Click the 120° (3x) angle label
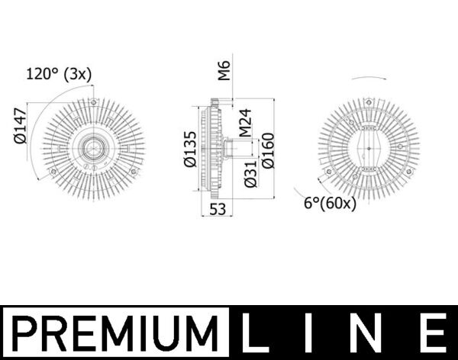[60, 74]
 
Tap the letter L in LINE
[256, 334]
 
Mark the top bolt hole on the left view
[93, 101]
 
